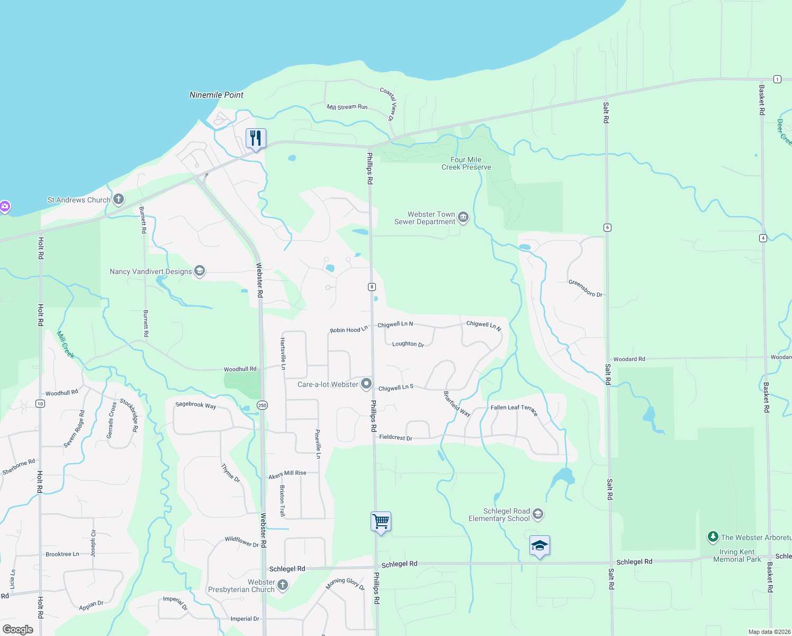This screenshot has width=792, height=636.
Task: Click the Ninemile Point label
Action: tap(216, 95)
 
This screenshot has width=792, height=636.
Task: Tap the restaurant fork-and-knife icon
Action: tap(256, 138)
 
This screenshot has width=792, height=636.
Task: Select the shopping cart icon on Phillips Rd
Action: tap(381, 522)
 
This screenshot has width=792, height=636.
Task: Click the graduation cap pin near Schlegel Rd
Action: tap(539, 545)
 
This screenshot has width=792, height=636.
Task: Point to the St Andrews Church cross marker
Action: tap(119, 200)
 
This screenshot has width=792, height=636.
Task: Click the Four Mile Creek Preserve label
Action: tap(466, 163)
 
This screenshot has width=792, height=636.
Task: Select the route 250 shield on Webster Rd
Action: tap(262, 405)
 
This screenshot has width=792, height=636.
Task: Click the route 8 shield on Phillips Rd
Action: tap(372, 287)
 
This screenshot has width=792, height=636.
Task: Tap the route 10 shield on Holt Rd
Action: tap(40, 404)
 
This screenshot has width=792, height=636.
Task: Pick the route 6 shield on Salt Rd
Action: tap(607, 227)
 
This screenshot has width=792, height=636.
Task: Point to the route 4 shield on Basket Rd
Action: tap(763, 238)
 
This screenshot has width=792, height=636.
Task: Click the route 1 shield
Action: tap(777, 79)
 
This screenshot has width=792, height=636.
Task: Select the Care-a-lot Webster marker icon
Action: tap(366, 384)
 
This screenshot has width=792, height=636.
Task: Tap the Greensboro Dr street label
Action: tap(585, 288)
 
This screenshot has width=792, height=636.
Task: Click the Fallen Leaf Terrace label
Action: tap(514, 408)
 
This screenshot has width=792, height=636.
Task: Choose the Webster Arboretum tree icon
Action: tap(713, 537)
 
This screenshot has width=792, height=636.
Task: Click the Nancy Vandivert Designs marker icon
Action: tap(200, 271)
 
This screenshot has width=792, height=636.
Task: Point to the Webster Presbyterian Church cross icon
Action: tap(283, 585)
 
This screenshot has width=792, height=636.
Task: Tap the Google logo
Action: tap(18, 629)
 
